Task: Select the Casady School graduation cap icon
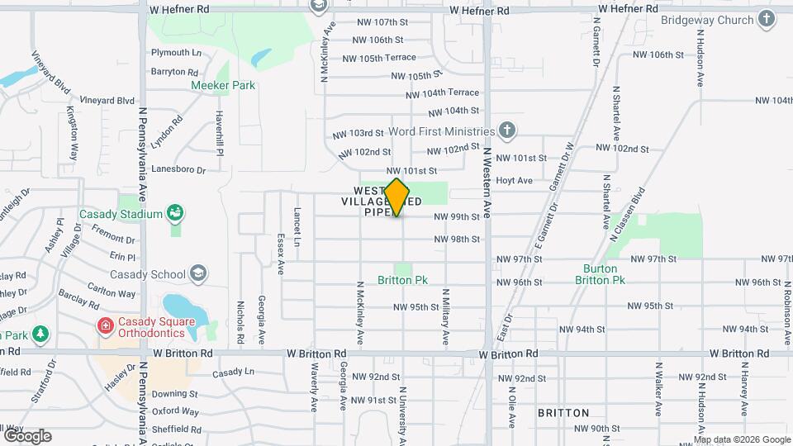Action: pyautogui.click(x=197, y=273)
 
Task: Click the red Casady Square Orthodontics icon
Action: pyautogui.click(x=105, y=326)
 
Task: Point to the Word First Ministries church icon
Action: pyautogui.click(x=507, y=130)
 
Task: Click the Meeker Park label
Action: pyautogui.click(x=223, y=85)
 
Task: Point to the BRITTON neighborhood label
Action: pyautogui.click(x=563, y=412)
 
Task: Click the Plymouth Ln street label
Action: pyautogui.click(x=176, y=52)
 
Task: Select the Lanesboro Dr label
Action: pyautogui.click(x=178, y=169)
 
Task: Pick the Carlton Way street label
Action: pyautogui.click(x=112, y=293)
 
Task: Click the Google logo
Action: pyautogui.click(x=27, y=435)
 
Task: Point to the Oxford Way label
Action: pyautogui.click(x=175, y=411)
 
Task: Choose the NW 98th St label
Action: pyautogui.click(x=457, y=239)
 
